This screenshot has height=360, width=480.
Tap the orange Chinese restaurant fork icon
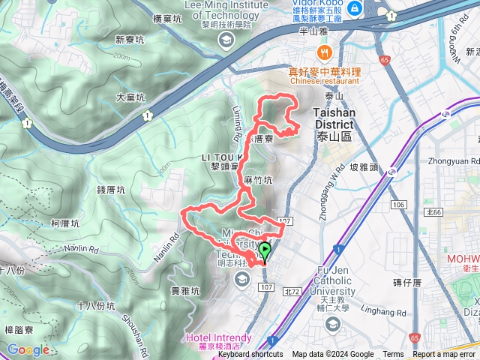324,52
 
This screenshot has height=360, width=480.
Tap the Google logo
28,349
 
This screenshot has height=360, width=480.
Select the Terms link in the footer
393,355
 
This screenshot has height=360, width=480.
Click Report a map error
444,355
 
